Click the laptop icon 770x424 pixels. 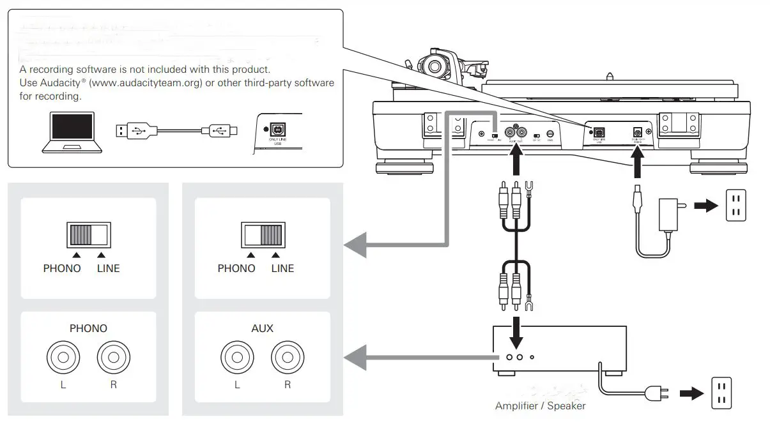(72, 132)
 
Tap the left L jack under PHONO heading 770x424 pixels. (63, 356)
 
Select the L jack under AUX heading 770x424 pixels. (236, 356)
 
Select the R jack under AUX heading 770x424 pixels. (287, 356)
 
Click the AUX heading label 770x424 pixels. (262, 328)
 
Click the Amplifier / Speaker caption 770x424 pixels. (540, 405)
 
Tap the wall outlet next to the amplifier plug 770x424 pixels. (720, 393)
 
